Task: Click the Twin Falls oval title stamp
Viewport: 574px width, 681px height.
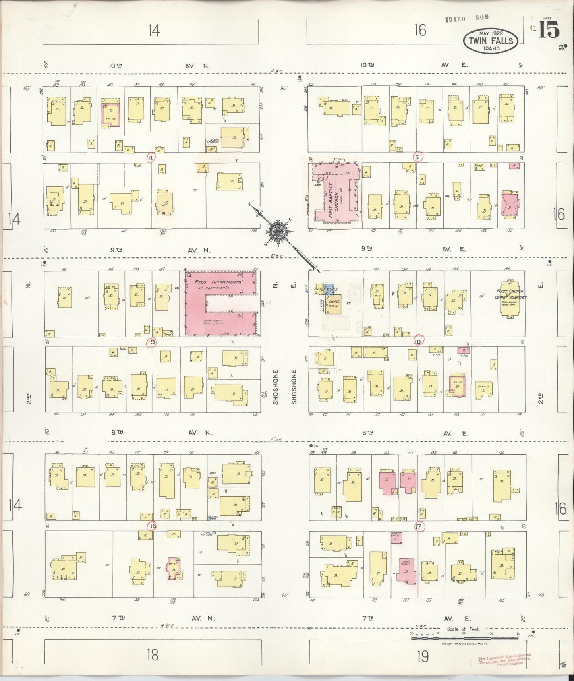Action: click(x=490, y=40)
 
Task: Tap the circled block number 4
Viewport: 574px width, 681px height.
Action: click(x=151, y=158)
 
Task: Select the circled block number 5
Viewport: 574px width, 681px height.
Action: click(x=417, y=157)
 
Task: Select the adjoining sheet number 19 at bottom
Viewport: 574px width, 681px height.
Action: click(x=423, y=656)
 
